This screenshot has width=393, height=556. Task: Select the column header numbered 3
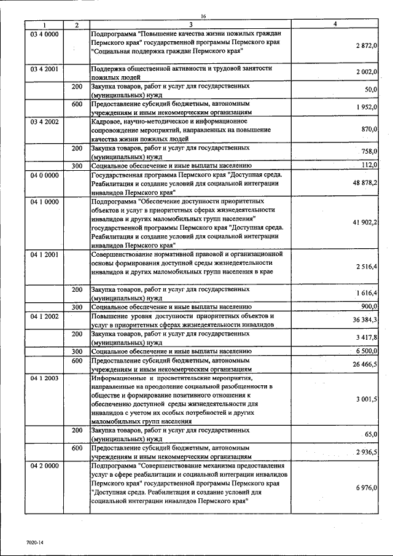click(x=191, y=25)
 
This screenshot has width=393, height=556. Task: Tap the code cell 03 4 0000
click(x=44, y=34)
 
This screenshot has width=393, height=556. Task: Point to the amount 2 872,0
click(x=365, y=46)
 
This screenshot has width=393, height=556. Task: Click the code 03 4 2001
click(x=44, y=69)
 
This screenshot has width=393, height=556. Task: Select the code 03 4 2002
click(x=44, y=122)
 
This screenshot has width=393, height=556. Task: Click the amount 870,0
click(x=369, y=130)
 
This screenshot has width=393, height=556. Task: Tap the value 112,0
click(x=369, y=165)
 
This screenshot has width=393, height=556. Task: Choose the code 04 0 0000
click(x=44, y=175)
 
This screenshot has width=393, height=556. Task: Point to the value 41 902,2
click(x=364, y=222)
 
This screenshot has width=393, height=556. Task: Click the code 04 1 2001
click(x=44, y=253)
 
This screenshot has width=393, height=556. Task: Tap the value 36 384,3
click(x=364, y=319)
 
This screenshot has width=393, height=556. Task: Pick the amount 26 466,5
click(x=364, y=364)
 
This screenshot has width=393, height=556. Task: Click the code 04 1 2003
click(x=44, y=378)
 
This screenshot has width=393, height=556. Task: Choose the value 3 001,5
click(x=366, y=399)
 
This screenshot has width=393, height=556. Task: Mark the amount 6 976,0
click(x=366, y=487)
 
